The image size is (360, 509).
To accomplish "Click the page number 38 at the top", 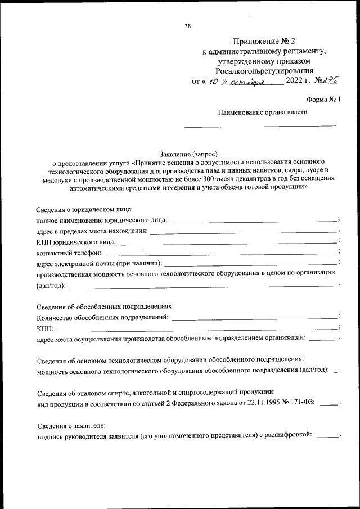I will click(x=188, y=26).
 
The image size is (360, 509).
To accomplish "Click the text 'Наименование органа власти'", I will click(x=263, y=111).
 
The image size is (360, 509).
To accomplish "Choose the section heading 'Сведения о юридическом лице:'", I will click(x=84, y=209).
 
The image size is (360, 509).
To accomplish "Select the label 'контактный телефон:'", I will click(x=69, y=253).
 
